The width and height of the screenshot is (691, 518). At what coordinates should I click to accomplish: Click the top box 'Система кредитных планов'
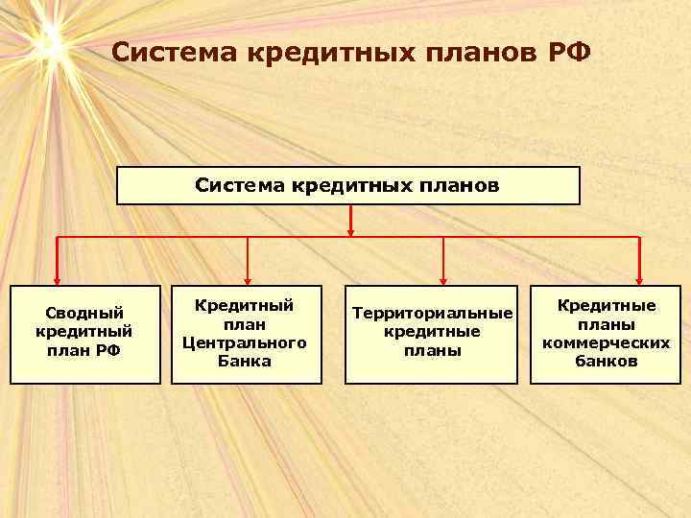point(348,185)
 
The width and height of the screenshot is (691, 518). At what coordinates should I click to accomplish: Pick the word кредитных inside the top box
point(348,185)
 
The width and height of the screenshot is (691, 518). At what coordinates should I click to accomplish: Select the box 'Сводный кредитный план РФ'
point(84,335)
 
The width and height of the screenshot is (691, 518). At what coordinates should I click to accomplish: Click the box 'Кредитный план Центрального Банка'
point(245,334)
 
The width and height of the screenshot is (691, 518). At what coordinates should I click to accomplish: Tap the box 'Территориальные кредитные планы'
point(433,334)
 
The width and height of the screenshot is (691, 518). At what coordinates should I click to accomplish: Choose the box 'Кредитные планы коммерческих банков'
point(606,334)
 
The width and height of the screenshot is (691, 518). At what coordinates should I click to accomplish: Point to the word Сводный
point(85,313)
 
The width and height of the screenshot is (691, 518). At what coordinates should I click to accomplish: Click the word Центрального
point(245,342)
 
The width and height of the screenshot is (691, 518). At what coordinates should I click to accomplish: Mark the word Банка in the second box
point(245,362)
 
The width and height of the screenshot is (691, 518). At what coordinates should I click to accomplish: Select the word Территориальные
point(433,314)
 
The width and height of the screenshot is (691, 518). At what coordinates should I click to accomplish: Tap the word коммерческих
point(606,342)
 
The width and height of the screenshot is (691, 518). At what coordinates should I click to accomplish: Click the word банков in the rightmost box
point(606,362)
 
